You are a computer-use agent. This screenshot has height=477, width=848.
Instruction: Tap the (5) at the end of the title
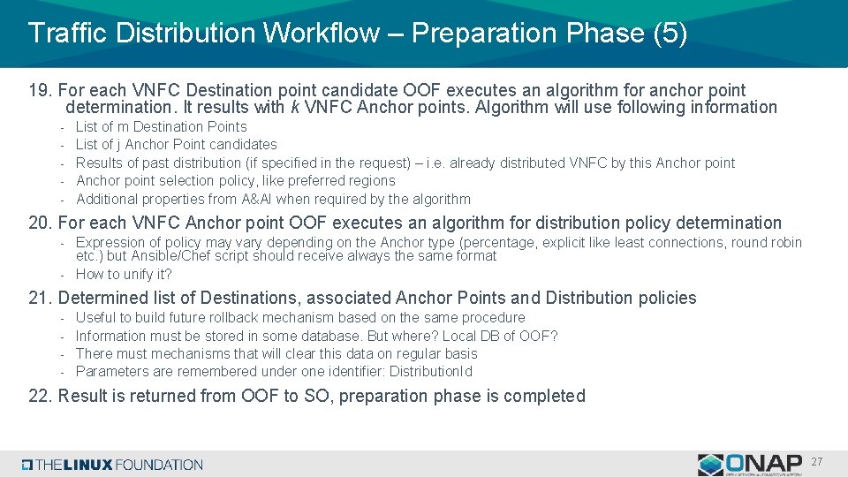[x=670, y=34]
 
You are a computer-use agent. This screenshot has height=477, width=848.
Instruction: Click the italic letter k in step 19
[x=293, y=109]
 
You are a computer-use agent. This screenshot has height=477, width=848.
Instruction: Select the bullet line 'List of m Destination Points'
[x=161, y=126]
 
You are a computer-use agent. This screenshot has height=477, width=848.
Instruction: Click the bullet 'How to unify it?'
[x=124, y=275]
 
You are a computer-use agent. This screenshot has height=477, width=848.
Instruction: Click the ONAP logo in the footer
[x=749, y=464]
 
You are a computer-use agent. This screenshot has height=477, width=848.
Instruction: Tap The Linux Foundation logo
[x=113, y=465]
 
